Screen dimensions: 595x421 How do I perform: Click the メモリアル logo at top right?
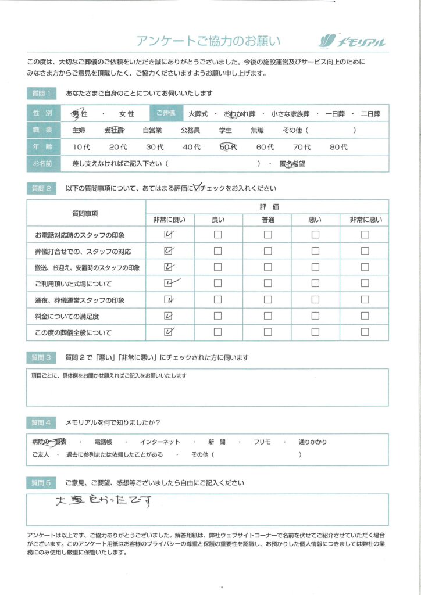[352, 41]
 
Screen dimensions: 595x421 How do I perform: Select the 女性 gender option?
[126, 114]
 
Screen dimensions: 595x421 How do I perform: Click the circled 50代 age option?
[229, 148]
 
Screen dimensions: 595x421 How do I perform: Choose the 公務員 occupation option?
[191, 131]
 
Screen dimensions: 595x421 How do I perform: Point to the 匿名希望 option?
[292, 164]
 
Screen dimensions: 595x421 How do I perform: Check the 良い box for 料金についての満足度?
[218, 316]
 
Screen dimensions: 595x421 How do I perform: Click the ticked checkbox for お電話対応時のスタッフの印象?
[169, 235]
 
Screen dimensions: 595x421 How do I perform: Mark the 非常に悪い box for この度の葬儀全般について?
[365, 332]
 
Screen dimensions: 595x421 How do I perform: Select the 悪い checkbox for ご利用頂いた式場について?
[316, 284]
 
